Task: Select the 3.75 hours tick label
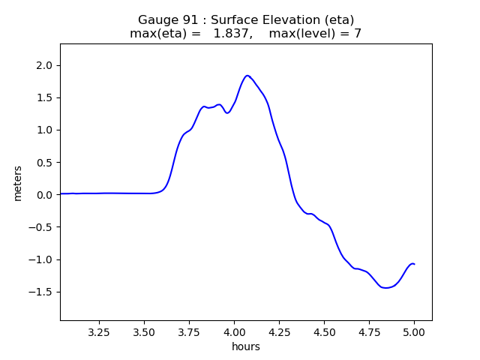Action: click(x=189, y=331)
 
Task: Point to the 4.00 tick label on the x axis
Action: click(x=234, y=331)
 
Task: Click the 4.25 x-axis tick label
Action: click(x=279, y=331)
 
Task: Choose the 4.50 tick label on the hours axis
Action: click(x=324, y=331)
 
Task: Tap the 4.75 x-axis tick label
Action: click(x=369, y=331)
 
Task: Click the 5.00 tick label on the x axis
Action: click(x=414, y=331)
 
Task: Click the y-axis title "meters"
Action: click(x=17, y=182)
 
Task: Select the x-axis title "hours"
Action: click(x=246, y=346)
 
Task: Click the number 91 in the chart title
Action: click(x=187, y=20)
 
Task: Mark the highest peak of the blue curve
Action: click(x=247, y=75)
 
